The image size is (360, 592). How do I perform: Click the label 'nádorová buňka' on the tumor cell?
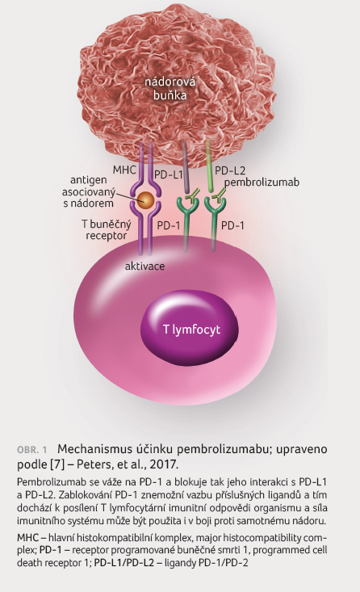coord(170,88)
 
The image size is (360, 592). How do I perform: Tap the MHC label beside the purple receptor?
coord(124,170)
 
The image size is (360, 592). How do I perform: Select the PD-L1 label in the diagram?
coord(169,174)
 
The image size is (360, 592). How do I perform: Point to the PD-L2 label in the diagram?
coord(230,170)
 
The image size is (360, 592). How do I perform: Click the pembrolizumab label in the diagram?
coord(262,183)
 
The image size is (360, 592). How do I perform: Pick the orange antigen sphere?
coord(145,200)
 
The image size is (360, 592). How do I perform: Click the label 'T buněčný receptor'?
coord(107,230)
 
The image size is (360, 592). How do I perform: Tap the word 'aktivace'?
coord(145,266)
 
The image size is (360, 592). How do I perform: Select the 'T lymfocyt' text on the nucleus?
coord(191,330)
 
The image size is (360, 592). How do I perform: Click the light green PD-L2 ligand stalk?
coord(209,166)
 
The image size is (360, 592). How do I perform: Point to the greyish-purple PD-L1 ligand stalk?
coord(186,166)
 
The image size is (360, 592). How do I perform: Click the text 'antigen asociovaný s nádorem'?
coord(88,191)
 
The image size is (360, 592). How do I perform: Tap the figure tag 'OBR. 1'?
coord(32,450)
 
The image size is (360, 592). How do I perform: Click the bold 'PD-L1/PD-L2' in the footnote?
coord(124,563)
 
